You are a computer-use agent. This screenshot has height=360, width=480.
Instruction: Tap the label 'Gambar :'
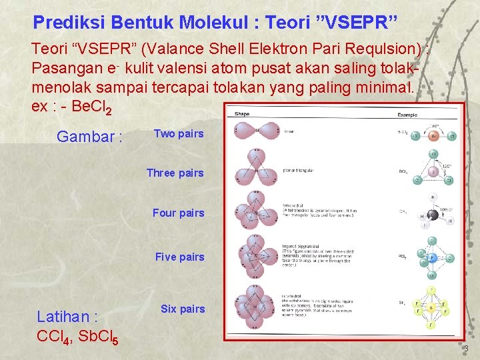pyautogui.click(x=89, y=137)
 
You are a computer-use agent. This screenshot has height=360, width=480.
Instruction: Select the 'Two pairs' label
pyautogui.click(x=179, y=133)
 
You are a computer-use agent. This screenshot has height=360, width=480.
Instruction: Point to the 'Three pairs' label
pyautogui.click(x=175, y=173)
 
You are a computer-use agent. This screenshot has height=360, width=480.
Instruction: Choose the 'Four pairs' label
pyautogui.click(x=178, y=213)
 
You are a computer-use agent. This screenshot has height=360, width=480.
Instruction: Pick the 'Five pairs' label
pyautogui.click(x=179, y=257)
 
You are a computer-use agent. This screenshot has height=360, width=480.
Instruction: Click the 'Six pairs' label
pyautogui.click(x=183, y=309)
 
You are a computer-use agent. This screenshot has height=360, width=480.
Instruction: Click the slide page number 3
pyautogui.click(x=466, y=349)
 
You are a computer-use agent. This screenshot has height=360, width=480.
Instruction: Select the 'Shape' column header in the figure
pyautogui.click(x=242, y=114)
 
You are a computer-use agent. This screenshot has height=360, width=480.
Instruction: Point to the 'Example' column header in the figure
pyautogui.click(x=407, y=115)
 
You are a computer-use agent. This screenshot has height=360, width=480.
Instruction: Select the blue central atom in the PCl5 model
pyautogui.click(x=431, y=257)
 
